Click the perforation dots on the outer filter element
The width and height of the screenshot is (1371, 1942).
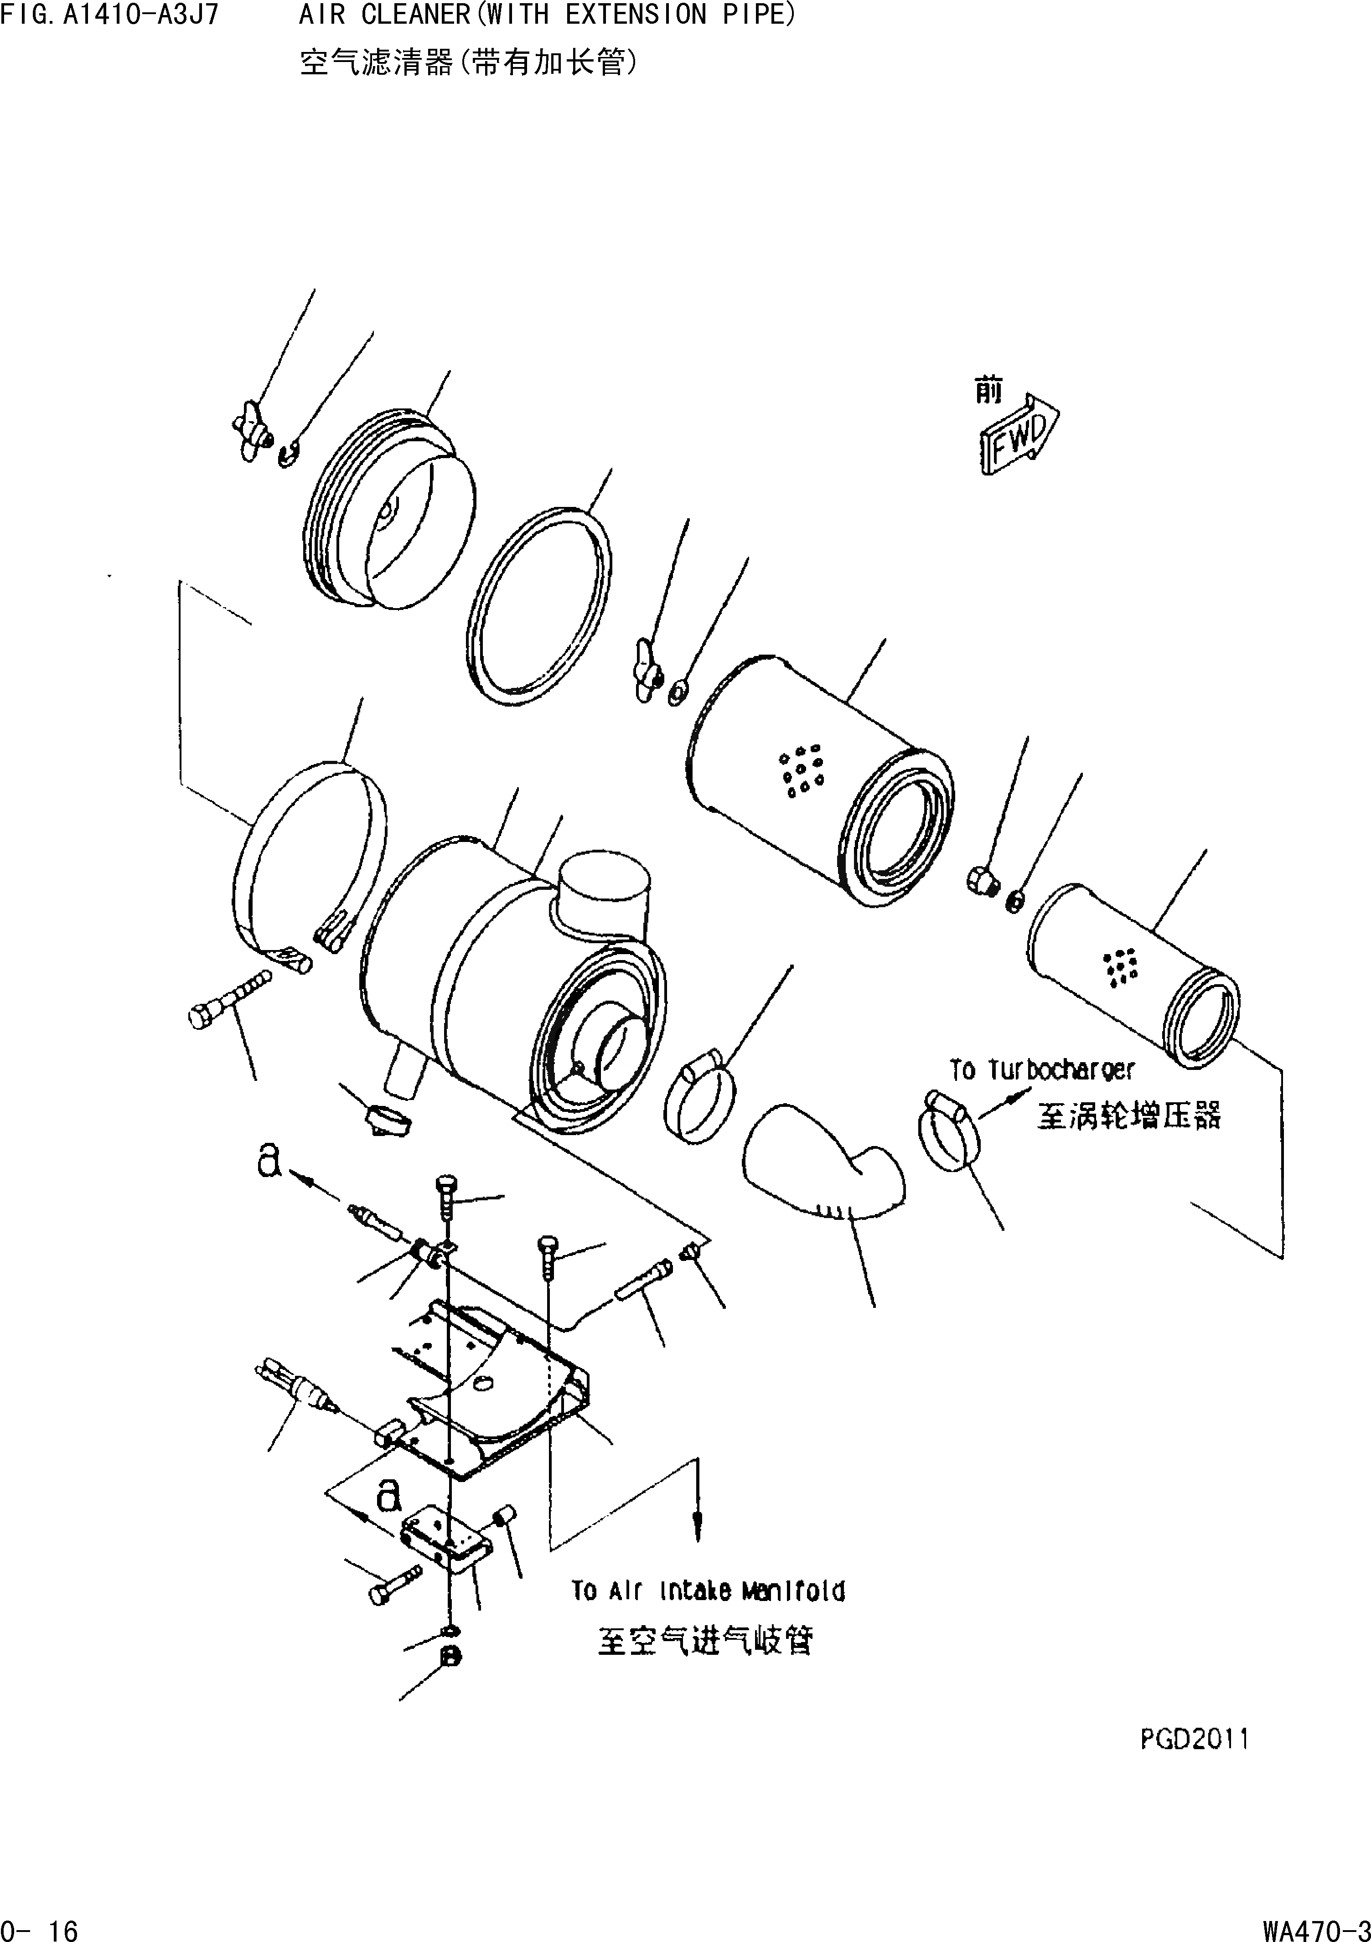801,769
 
